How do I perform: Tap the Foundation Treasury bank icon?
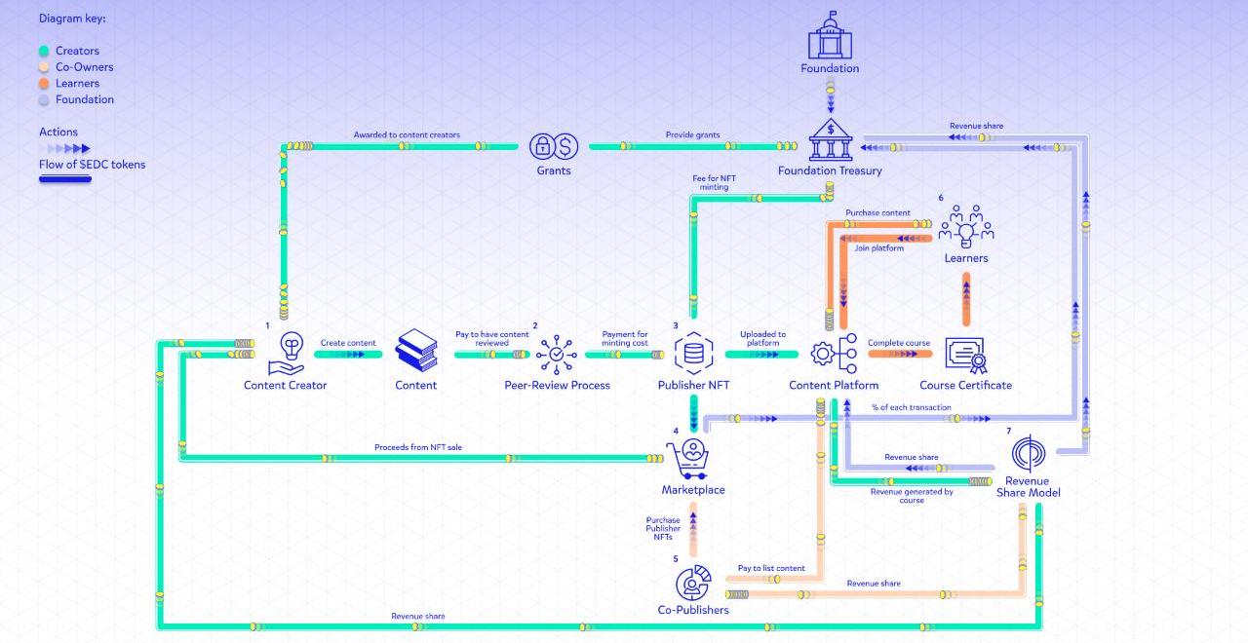pos(830,140)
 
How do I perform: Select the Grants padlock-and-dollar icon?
pos(554,146)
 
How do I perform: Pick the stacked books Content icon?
pos(416,351)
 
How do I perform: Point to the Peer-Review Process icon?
pos(557,354)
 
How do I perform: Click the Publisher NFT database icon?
pos(693,353)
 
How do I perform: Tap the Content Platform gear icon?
pos(834,353)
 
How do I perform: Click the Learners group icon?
pos(965,226)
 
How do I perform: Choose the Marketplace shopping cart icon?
pos(691,459)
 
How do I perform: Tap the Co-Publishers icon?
pos(693,582)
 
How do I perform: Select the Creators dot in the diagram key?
pos(44,51)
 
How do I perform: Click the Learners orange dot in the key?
pos(44,84)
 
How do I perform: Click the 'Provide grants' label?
pos(692,135)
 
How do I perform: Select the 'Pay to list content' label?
pos(771,568)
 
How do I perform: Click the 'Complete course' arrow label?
pos(898,343)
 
